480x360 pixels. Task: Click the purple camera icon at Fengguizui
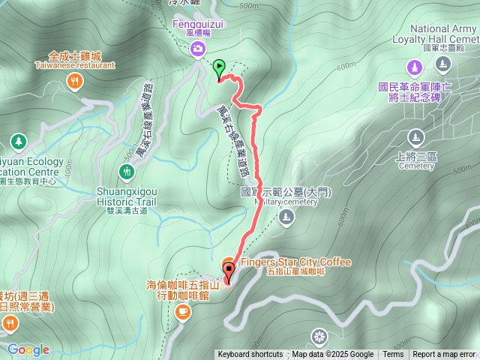[x=197, y=49]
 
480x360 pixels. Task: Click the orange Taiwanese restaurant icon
[x=74, y=82]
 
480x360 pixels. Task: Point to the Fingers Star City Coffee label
[x=295, y=262]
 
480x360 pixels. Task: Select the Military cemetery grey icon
[x=285, y=217]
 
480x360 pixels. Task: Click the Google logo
[x=28, y=349]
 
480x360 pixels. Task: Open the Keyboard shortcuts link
[x=250, y=355]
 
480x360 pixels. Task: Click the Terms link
[x=393, y=355]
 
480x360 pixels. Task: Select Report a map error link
[x=444, y=355]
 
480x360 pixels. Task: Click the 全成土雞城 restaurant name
[x=74, y=55]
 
